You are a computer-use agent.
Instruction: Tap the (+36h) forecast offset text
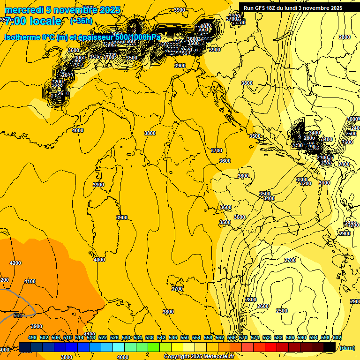81,21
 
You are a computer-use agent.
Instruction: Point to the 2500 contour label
281,311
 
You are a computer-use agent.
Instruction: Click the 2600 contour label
263,306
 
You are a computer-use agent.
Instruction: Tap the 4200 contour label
15,263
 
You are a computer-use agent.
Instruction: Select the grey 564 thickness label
18,315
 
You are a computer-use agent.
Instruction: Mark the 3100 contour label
324,183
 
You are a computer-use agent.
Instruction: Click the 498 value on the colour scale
32,337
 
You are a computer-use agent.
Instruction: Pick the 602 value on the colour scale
337,337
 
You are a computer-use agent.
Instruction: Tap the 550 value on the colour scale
185,337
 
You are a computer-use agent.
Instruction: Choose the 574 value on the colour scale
255,337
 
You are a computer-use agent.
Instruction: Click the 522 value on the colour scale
103,337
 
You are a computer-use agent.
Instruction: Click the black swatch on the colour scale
330,347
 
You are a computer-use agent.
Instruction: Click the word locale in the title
45,21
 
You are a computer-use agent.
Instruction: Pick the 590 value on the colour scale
302,337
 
